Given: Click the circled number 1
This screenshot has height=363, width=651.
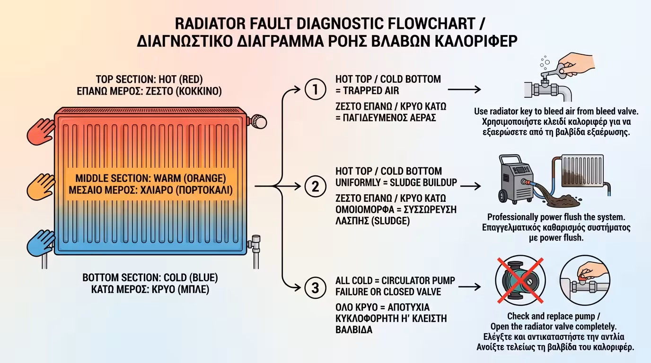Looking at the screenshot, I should click(313, 90).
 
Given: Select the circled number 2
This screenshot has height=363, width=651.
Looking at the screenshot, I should click(313, 186).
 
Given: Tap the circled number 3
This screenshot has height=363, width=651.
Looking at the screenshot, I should click(313, 288).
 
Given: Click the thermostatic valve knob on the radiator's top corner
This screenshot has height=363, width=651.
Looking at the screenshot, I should click(259, 121).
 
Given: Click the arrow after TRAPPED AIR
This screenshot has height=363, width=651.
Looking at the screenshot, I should click(464, 89).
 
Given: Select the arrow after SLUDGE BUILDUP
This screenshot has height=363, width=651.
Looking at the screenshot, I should click(471, 186).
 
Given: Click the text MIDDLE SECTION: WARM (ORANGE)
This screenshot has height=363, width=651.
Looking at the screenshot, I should click(151, 179).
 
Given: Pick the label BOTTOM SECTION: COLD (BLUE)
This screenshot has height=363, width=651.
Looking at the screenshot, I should click(150, 277).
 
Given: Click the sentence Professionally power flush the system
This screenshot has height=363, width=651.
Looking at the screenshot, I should click(556, 217).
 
